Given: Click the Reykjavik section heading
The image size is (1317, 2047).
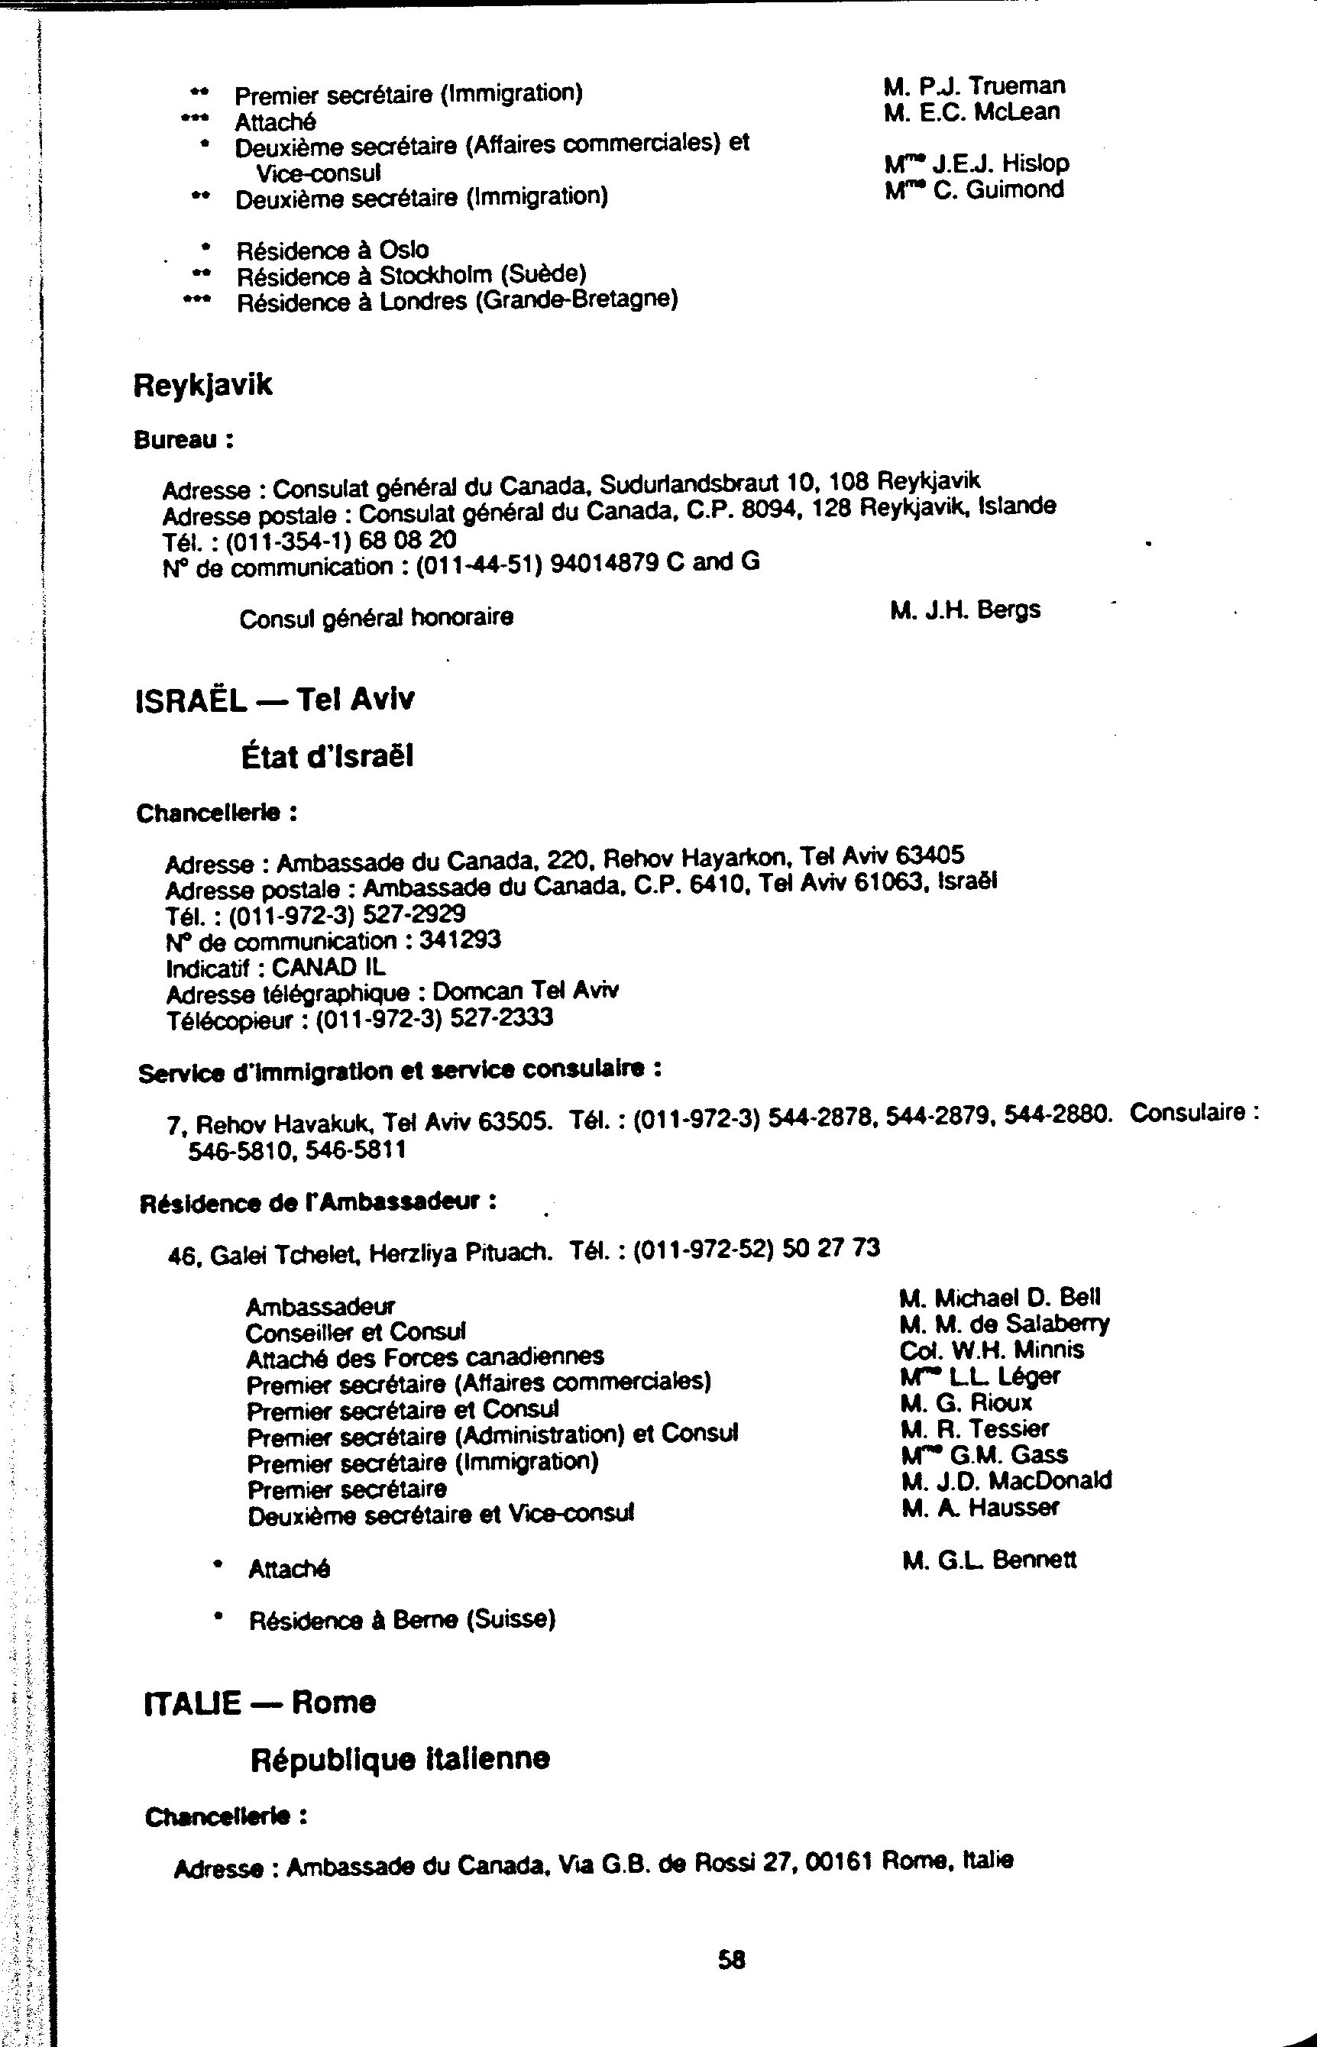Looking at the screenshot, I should pyautogui.click(x=202, y=385).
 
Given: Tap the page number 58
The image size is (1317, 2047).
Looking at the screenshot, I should pyautogui.click(x=731, y=1959).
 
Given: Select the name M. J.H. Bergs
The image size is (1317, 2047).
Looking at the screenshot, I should pyautogui.click(x=965, y=610).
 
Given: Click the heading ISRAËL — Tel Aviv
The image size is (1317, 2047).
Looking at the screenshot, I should pyautogui.click(x=274, y=700).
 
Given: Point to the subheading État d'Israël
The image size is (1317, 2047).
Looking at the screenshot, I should pyautogui.click(x=328, y=756).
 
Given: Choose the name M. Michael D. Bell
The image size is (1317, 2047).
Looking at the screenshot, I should pyautogui.click(x=1000, y=1297).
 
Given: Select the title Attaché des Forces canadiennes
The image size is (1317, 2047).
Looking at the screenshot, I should pyautogui.click(x=424, y=1357).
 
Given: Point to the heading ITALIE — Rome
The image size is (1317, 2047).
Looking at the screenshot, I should pyautogui.click(x=260, y=1703).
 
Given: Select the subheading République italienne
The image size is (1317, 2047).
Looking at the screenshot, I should pyautogui.click(x=400, y=1758).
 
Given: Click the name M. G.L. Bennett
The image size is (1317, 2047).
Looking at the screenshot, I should pyautogui.click(x=989, y=1560).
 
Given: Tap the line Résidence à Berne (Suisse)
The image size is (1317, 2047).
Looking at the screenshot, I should pyautogui.click(x=402, y=1619).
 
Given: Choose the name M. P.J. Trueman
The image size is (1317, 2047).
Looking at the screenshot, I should pyautogui.click(x=974, y=86).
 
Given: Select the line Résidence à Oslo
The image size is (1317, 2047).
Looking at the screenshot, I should pyautogui.click(x=332, y=250).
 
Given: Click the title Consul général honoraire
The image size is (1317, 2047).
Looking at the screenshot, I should pyautogui.click(x=377, y=617).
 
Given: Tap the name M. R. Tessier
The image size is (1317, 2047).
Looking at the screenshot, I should pyautogui.click(x=974, y=1428).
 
